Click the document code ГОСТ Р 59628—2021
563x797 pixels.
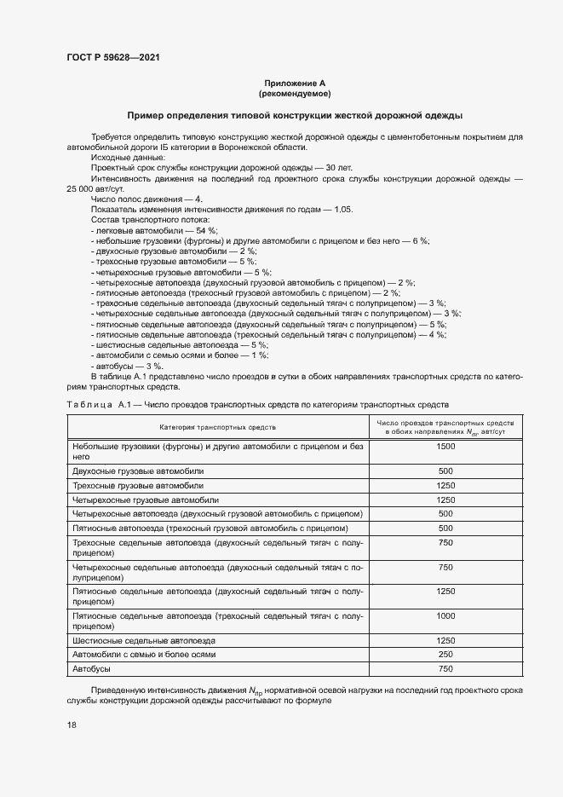(x=112, y=57)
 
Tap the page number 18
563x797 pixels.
(x=71, y=725)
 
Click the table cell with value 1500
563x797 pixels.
(x=445, y=447)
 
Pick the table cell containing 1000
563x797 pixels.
(x=445, y=615)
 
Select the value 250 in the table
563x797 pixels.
(x=445, y=654)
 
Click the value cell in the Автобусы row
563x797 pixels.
(x=445, y=668)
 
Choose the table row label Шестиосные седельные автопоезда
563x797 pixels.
(x=145, y=640)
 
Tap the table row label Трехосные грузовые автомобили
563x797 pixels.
(x=140, y=485)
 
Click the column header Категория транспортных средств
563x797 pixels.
(x=216, y=426)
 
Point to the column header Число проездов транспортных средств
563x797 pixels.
(x=445, y=422)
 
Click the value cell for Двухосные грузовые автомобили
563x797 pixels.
(x=445, y=471)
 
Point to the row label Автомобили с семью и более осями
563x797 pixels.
(x=145, y=654)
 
